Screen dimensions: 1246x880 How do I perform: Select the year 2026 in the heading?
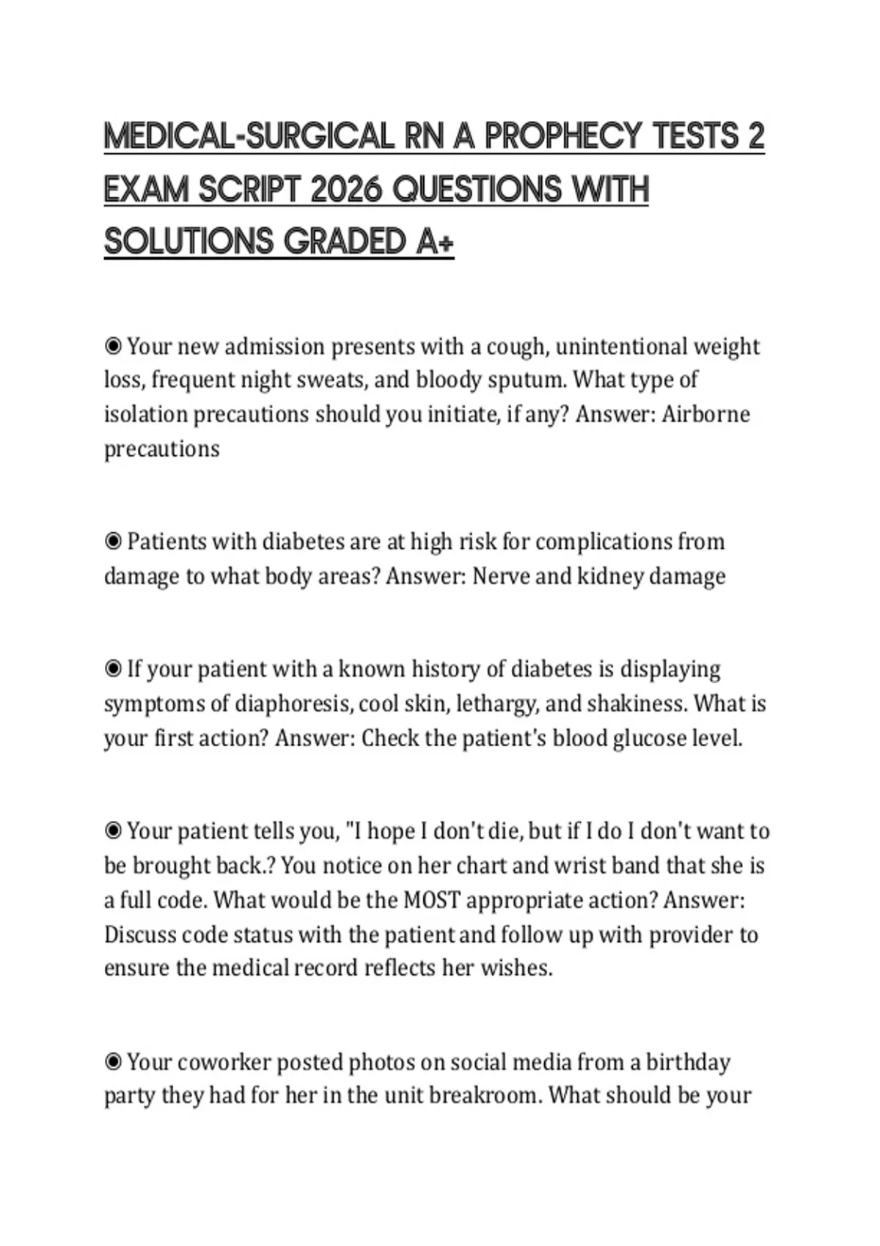347,190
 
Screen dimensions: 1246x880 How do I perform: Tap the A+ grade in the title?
435,243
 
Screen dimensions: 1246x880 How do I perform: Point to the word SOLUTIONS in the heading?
188,243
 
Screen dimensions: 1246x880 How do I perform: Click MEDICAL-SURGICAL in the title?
249,136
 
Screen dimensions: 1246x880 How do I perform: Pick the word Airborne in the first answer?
705,414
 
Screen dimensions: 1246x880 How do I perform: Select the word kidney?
609,576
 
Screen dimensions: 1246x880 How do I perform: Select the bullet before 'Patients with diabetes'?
113,542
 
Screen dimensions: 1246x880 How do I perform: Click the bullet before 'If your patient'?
113,669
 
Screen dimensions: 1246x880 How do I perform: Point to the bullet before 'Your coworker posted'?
113,1061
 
